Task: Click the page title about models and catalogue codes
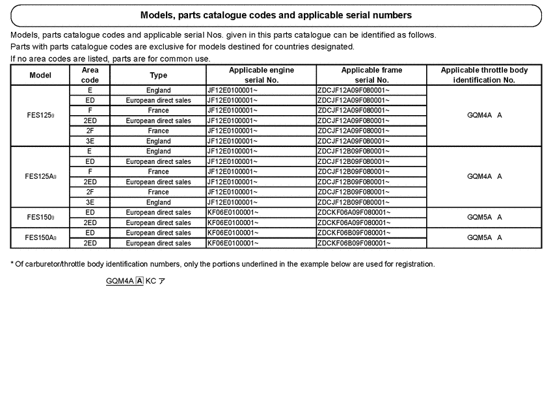(x=276, y=15)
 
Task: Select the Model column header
(x=40, y=75)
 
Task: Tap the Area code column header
(x=90, y=75)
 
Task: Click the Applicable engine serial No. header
(x=261, y=75)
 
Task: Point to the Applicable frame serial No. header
(x=371, y=75)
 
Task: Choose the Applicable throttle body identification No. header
(x=484, y=75)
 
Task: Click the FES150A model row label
(x=40, y=237)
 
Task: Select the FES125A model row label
(x=40, y=176)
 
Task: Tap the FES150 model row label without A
(x=40, y=217)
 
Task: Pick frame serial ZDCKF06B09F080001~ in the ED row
(x=353, y=233)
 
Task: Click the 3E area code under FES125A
(x=90, y=202)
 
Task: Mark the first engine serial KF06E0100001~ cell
(x=233, y=213)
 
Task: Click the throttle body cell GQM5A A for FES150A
(x=484, y=237)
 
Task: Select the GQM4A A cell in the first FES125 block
(x=484, y=115)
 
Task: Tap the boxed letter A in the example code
(x=140, y=281)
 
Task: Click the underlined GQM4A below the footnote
(x=120, y=281)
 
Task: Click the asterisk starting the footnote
(x=12, y=264)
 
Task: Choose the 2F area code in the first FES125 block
(x=90, y=131)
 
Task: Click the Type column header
(x=158, y=75)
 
